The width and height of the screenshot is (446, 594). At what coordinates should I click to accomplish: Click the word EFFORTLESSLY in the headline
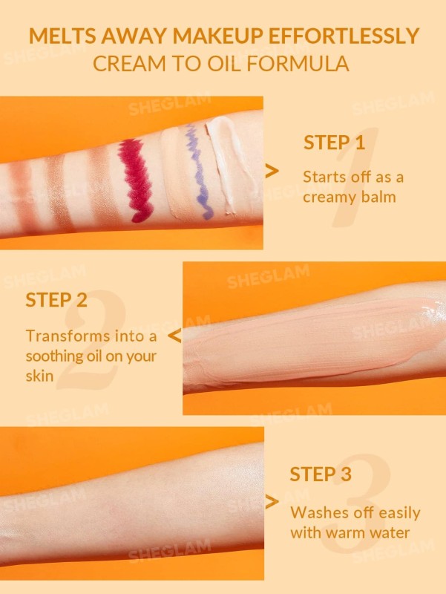click(x=344, y=36)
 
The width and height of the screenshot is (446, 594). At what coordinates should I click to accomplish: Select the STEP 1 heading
click(x=334, y=143)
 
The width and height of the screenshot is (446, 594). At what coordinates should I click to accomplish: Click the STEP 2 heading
click(x=56, y=300)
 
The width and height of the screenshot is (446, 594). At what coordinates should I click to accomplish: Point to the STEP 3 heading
click(x=321, y=474)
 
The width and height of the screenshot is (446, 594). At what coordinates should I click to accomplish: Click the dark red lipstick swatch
click(x=137, y=180)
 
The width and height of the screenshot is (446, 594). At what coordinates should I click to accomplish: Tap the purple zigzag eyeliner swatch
click(x=198, y=172)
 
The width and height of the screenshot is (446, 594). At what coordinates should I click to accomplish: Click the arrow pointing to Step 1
click(x=272, y=171)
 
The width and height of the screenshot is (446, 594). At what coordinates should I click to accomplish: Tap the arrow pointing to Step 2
click(x=174, y=336)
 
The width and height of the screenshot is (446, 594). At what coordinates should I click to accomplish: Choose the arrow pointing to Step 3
click(x=272, y=502)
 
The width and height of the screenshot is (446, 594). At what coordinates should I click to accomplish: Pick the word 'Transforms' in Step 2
click(x=68, y=336)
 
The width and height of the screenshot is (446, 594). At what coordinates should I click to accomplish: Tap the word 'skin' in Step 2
click(x=39, y=376)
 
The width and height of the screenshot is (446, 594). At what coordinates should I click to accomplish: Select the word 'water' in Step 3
click(x=390, y=533)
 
